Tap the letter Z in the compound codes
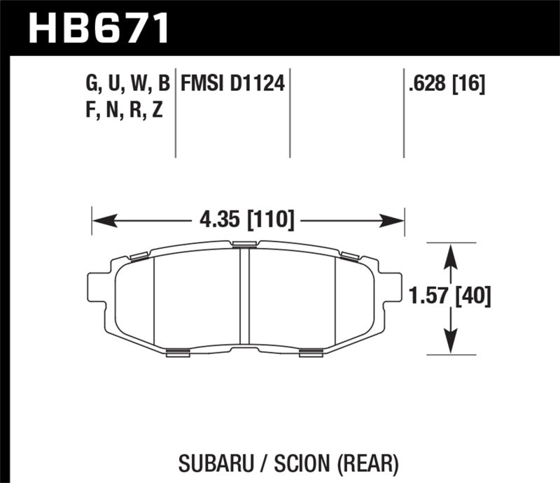coord(157,110)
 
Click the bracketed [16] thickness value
coord(470,85)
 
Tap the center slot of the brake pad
coord(245,297)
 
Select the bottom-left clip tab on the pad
coord(179,353)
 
